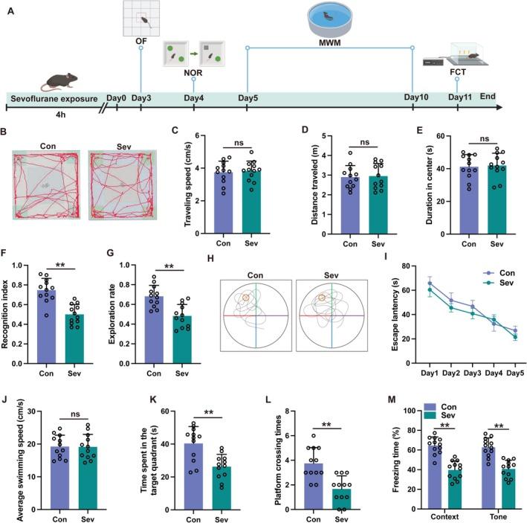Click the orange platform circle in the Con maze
pyautogui.click(x=244, y=298)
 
